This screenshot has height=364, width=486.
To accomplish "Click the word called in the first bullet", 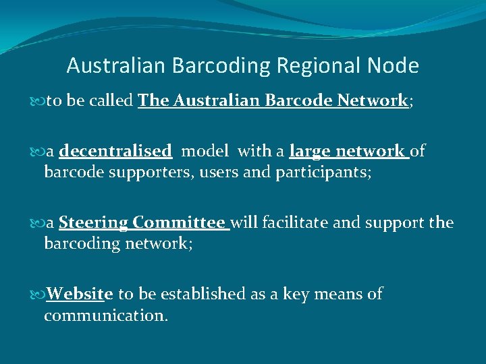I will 111,101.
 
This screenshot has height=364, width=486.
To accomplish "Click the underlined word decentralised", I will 115,151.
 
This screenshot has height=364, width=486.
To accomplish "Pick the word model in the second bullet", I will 205,151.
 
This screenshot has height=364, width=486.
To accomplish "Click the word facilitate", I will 294,222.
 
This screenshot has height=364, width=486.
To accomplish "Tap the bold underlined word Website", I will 80,294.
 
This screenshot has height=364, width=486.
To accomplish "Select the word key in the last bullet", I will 295,294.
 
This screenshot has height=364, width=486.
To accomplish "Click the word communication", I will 106,314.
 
